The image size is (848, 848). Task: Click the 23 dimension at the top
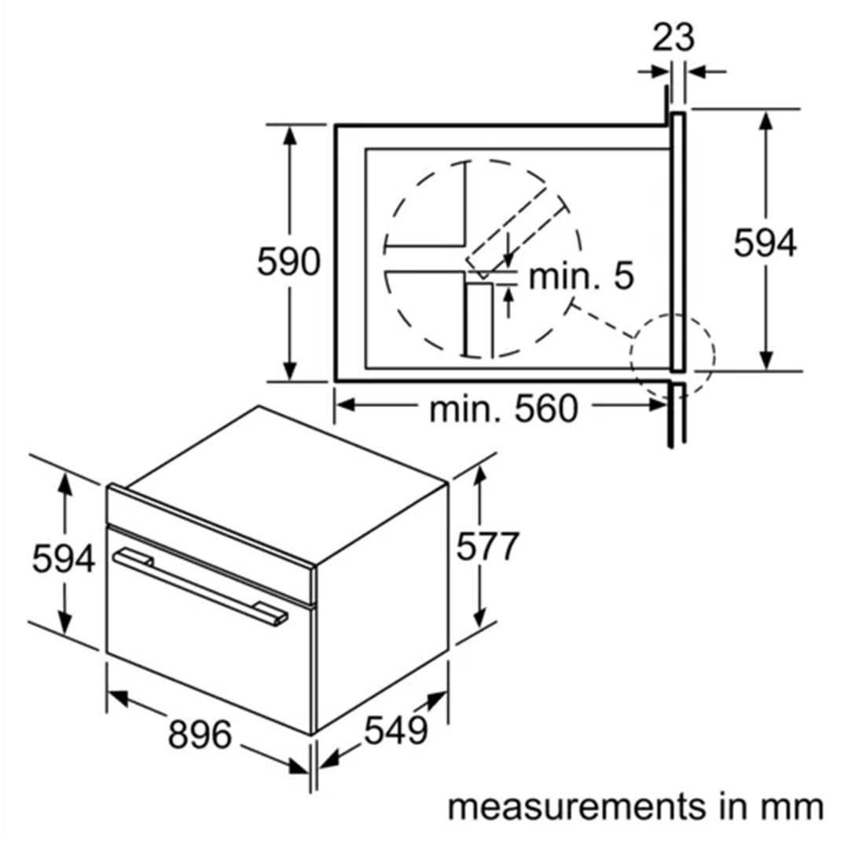[673, 38]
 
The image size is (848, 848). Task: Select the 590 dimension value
[288, 261]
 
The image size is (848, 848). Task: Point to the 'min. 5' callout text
[581, 276]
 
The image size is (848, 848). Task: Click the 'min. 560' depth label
[504, 409]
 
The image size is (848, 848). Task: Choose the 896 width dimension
[200, 734]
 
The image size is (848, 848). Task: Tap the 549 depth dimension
[396, 731]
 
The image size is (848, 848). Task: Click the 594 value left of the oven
[64, 558]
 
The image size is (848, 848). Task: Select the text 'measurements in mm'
[636, 807]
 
